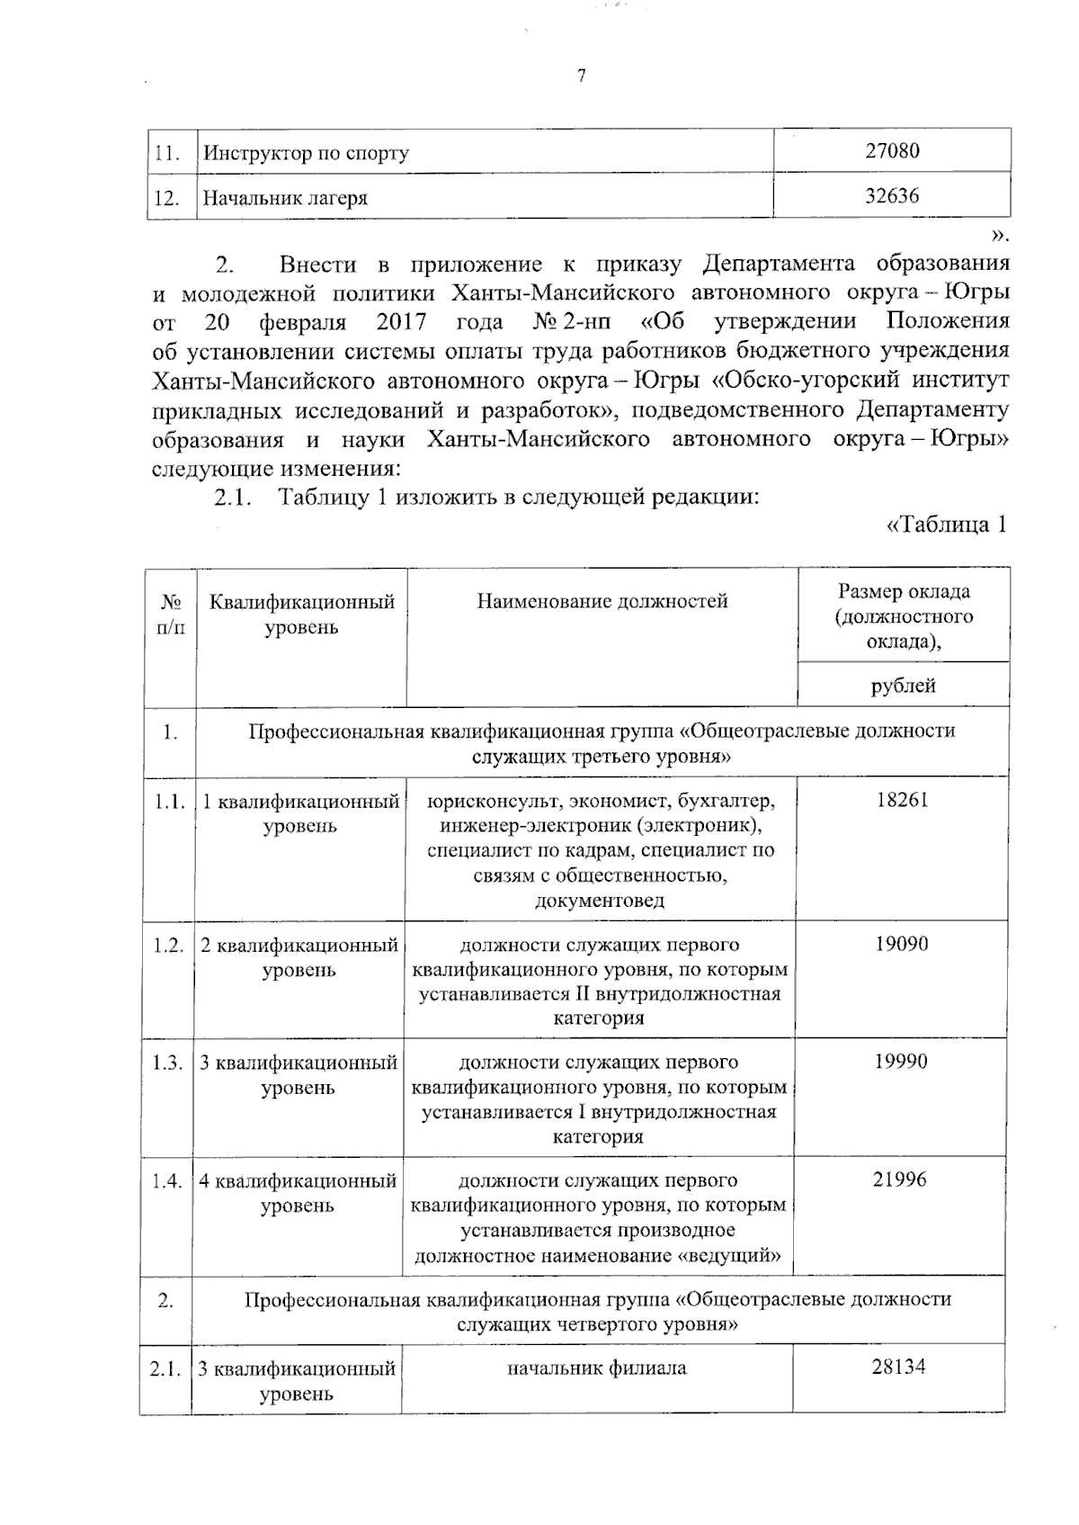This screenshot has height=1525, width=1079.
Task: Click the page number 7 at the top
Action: (581, 76)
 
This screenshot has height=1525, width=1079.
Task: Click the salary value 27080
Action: (892, 150)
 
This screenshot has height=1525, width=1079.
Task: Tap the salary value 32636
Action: (892, 195)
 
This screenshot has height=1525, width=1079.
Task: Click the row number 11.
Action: (168, 152)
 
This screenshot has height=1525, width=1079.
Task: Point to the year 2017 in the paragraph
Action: (401, 321)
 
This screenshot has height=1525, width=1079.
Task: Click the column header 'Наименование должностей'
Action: (602, 601)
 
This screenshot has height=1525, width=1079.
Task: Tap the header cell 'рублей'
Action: (903, 686)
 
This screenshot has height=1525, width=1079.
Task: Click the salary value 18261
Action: (902, 800)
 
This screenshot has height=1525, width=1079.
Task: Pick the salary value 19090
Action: (902, 944)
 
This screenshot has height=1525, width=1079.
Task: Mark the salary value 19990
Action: (901, 1062)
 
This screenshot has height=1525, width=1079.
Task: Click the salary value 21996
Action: (899, 1180)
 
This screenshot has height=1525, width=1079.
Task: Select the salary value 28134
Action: (898, 1367)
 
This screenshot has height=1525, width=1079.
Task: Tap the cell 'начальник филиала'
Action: (596, 1368)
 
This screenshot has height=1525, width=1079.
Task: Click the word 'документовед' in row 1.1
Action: (600, 900)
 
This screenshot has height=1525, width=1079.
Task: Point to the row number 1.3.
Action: (168, 1063)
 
